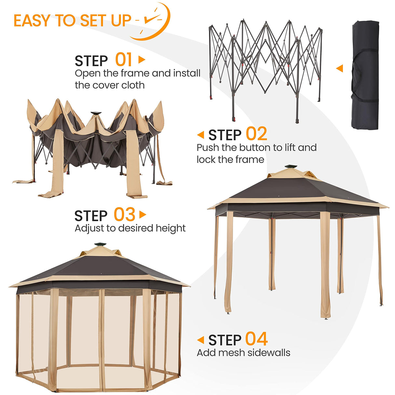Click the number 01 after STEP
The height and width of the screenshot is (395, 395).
tap(124, 60)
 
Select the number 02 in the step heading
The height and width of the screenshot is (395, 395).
tap(256, 134)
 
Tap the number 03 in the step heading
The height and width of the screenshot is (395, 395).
tap(124, 215)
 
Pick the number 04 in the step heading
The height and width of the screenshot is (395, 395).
tap(256, 339)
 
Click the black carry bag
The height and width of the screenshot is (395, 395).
tap(365, 75)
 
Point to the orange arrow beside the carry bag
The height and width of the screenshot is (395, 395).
tap(339, 68)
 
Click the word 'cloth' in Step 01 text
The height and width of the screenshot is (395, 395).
tap(133, 85)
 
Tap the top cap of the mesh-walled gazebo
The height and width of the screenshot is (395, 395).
tap(100, 244)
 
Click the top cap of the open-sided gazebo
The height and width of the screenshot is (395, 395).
tap(291, 167)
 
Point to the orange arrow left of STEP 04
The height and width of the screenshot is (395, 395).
tap(200, 340)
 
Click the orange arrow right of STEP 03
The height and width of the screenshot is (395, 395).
tap(143, 215)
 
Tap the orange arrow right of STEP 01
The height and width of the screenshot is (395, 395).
tap(142, 60)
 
